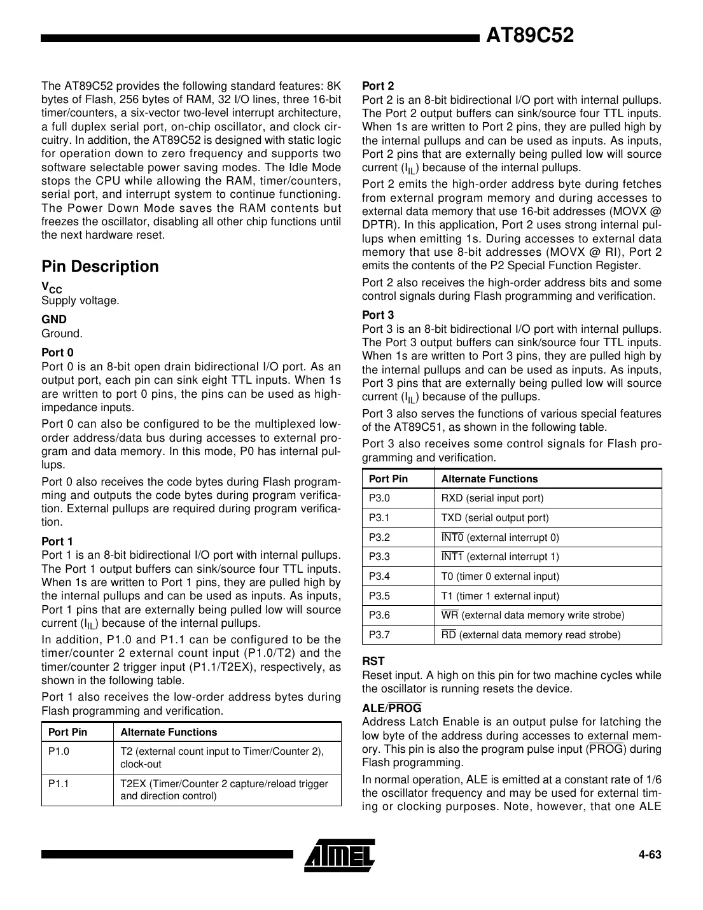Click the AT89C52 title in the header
pos(529,36)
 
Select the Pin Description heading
pos(100,267)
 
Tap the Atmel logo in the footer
pos(339,854)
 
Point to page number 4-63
pos(650,855)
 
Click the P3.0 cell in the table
pos(379,498)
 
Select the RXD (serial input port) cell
pos(492,498)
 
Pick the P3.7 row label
pos(379,634)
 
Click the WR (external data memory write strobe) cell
pos(532,615)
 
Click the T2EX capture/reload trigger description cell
pos(224,790)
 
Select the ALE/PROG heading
pos(391,708)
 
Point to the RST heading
pos(373,662)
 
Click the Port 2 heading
pos(378,86)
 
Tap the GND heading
pos(54,319)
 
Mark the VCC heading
pos(52,288)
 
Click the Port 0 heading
pos(57,353)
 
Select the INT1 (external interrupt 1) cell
pos(500,557)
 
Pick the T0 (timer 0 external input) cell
pos(500,577)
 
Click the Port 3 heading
pos(378,315)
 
